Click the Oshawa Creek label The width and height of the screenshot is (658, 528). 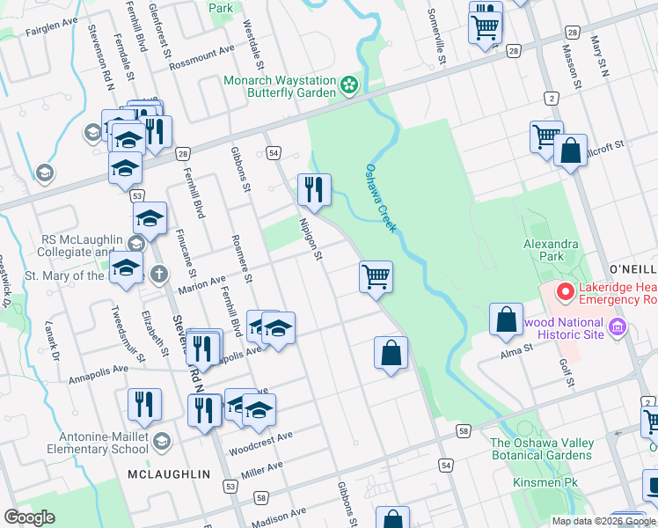(382, 198)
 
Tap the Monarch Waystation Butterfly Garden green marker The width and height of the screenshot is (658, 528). (350, 85)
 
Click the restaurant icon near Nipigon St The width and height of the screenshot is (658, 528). (313, 188)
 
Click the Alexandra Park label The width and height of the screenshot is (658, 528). (551, 251)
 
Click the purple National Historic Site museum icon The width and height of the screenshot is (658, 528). (617, 328)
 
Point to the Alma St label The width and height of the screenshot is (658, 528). (517, 349)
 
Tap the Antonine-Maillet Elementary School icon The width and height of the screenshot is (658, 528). (161, 440)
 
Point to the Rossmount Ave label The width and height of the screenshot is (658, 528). (202, 54)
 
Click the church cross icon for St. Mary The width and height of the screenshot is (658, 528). (159, 274)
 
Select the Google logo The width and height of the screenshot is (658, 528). (30, 517)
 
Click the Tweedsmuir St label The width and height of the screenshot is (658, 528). (128, 335)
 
